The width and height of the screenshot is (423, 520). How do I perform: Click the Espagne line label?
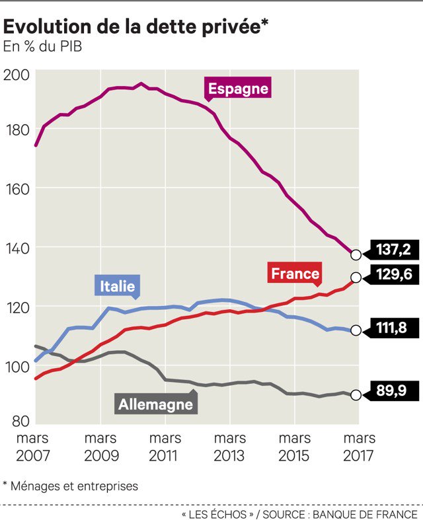(x=237, y=89)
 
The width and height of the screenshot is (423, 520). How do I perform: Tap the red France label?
(x=295, y=273)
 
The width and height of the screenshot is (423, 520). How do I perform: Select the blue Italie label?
(x=118, y=285)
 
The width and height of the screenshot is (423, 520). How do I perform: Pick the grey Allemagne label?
(x=155, y=403)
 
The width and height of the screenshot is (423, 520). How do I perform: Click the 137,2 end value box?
(x=393, y=250)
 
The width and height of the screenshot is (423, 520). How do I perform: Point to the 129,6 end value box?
(x=393, y=275)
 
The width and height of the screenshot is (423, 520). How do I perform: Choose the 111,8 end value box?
(x=393, y=327)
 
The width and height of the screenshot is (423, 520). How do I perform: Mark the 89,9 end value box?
(x=393, y=391)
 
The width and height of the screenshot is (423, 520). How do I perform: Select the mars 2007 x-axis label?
(x=32, y=447)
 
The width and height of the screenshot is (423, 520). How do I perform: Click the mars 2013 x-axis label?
(x=229, y=447)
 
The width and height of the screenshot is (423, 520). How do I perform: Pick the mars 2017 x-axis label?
(x=359, y=447)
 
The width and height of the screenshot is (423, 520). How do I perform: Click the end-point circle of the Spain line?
(x=356, y=255)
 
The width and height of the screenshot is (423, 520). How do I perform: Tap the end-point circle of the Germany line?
(x=356, y=395)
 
